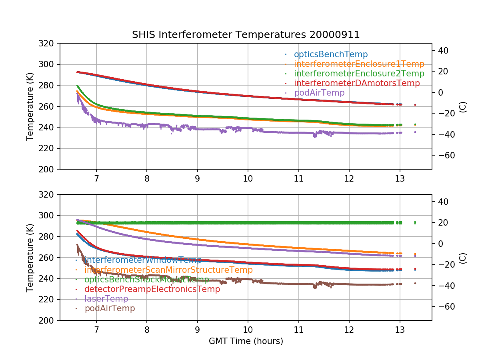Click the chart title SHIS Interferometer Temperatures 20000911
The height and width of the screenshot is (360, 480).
point(246,35)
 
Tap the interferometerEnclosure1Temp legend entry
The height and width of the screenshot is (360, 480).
point(359,64)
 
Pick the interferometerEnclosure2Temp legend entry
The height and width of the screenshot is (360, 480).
point(359,74)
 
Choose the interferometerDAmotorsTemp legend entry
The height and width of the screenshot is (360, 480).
point(357,83)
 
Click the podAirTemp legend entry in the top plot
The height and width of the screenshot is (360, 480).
point(319,93)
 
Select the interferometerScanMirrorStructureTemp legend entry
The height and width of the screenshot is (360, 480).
point(168,270)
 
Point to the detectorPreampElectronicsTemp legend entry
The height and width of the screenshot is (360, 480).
point(152,289)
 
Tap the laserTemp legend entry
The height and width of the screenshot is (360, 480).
point(106,299)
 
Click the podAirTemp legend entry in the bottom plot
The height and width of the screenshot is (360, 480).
point(110,308)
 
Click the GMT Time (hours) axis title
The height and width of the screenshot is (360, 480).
point(246,341)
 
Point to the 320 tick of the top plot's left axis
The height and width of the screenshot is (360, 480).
point(49,43)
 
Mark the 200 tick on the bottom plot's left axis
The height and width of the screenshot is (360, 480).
point(49,320)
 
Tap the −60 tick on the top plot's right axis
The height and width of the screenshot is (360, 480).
point(442,155)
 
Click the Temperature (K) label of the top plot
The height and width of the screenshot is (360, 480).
point(30,106)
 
